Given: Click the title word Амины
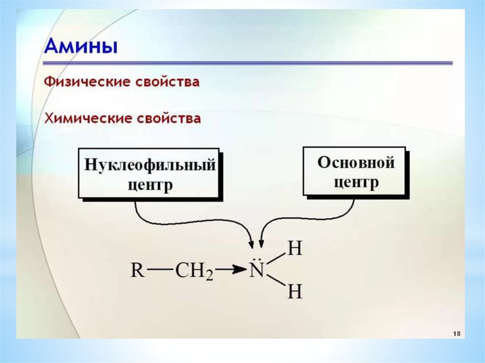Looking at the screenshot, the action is pos(81,48).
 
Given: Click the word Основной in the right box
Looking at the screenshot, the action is pos(356,163).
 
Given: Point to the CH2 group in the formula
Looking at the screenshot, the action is pos(195,272).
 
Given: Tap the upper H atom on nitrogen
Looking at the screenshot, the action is pos(295,248).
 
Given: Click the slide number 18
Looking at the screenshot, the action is pos(457,333).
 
